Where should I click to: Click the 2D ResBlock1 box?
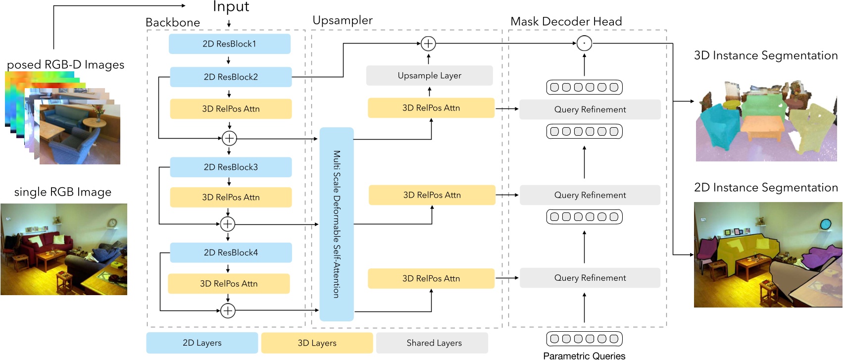229,44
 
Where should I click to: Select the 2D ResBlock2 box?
231,77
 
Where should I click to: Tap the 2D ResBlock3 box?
231,167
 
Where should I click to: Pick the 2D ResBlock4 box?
231,253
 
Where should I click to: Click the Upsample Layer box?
429,76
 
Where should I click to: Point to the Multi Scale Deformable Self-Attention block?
337,224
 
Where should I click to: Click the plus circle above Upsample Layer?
428,44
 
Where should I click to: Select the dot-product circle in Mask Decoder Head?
584,44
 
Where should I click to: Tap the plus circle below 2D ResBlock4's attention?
228,311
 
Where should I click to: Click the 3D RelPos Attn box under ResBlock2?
231,109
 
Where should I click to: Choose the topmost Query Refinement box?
590,109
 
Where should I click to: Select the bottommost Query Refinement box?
590,278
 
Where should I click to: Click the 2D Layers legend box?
202,343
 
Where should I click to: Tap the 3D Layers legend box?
317,343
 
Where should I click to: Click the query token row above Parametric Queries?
584,339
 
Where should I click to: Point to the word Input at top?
231,7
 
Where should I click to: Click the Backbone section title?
173,23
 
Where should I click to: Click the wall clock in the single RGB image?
112,223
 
